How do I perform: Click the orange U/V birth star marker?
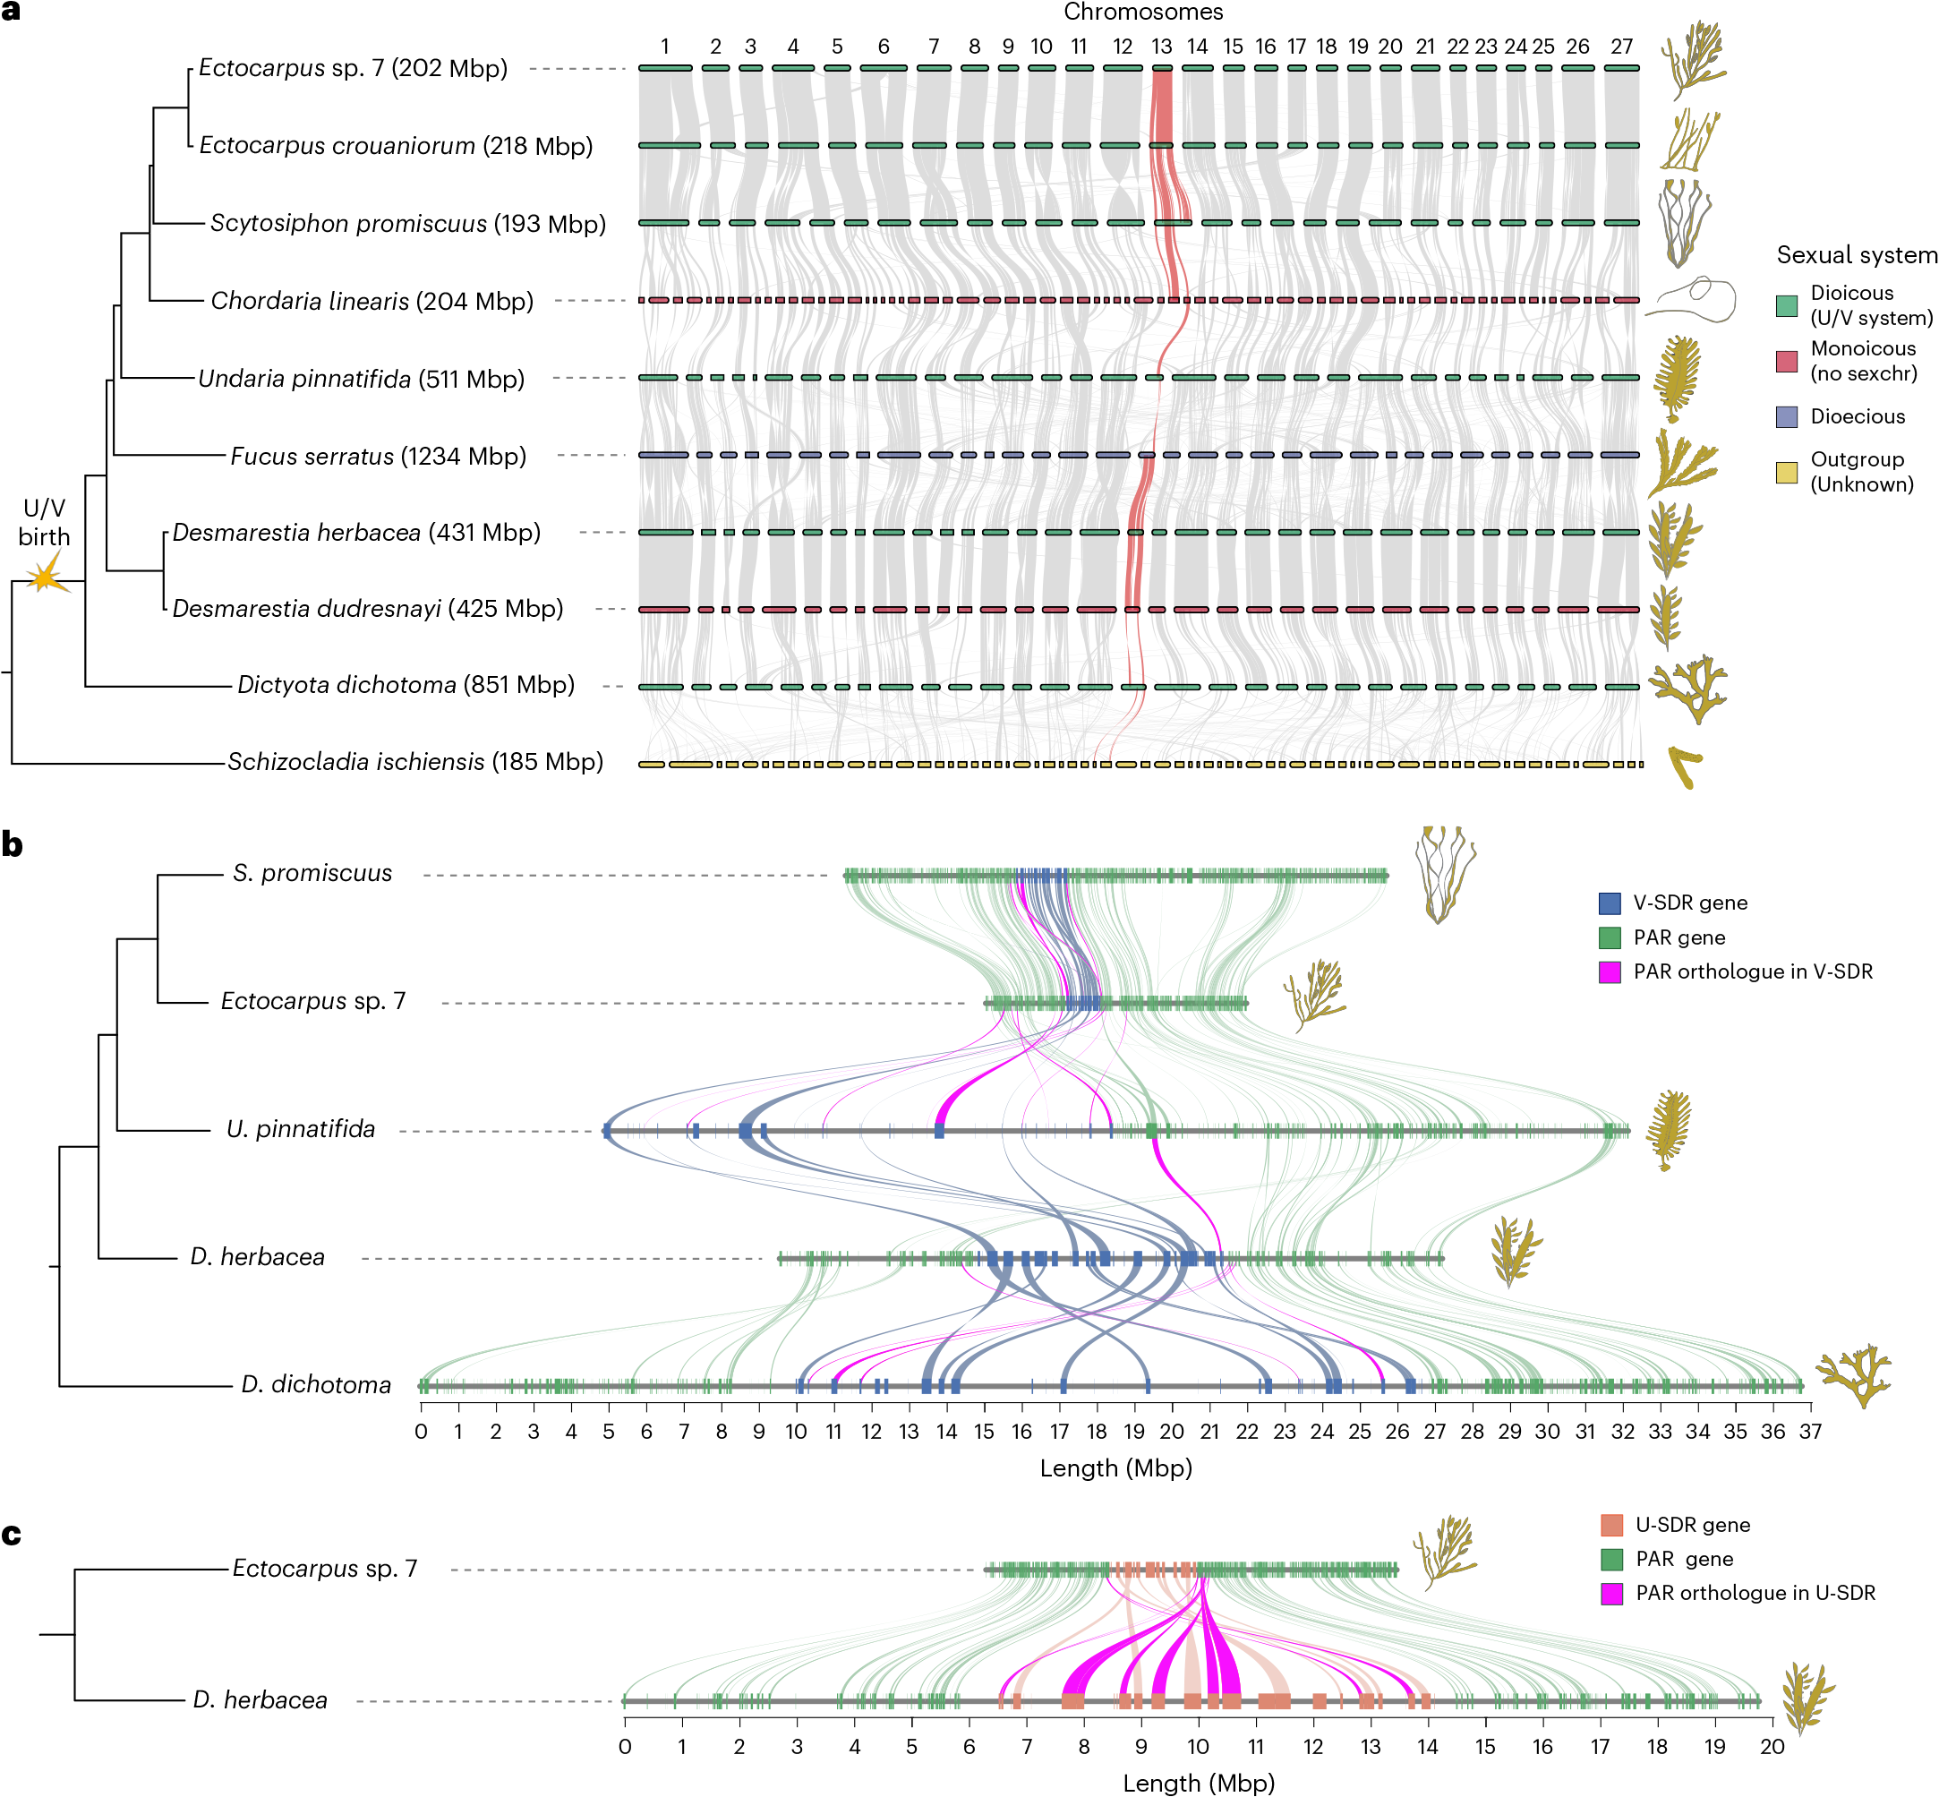[45, 576]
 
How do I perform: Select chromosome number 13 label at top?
[1161, 46]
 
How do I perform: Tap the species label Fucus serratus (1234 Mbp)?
[379, 456]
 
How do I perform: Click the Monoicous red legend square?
[1786, 361]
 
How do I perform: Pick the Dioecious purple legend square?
[1786, 417]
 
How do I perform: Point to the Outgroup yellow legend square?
[1786, 473]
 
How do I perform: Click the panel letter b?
[13, 844]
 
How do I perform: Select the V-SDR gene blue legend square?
[1610, 903]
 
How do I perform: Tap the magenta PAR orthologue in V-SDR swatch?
[1610, 971]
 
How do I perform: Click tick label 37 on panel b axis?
[1810, 1432]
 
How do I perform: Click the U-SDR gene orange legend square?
[1611, 1525]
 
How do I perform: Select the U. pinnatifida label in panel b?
[301, 1129]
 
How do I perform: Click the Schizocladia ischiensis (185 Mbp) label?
[415, 761]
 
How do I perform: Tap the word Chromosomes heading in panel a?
[1142, 13]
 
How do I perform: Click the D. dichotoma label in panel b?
[316, 1385]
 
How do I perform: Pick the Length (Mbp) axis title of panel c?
[1198, 1783]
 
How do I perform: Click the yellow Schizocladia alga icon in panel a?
[1684, 766]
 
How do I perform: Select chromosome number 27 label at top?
[1621, 46]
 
